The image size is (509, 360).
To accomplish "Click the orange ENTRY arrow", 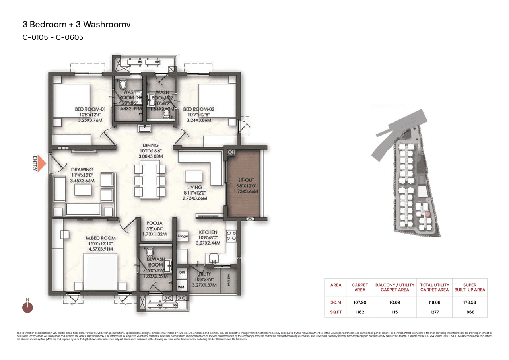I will coord(43,163).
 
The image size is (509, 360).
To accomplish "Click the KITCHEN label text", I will coord(208,232).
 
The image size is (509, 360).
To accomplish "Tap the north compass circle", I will coord(27,307).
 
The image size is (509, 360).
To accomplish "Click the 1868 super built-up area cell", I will coord(469,312).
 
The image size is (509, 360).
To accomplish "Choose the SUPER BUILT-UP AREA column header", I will coord(469,287).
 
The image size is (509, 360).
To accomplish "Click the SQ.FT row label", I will coord(336,312).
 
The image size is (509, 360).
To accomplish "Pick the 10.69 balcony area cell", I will coord(394,302).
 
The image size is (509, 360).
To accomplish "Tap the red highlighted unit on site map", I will coord(427,214).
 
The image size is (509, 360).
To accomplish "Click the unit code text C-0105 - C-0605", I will coord(52,38).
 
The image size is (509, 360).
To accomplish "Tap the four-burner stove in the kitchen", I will coord(231,236).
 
